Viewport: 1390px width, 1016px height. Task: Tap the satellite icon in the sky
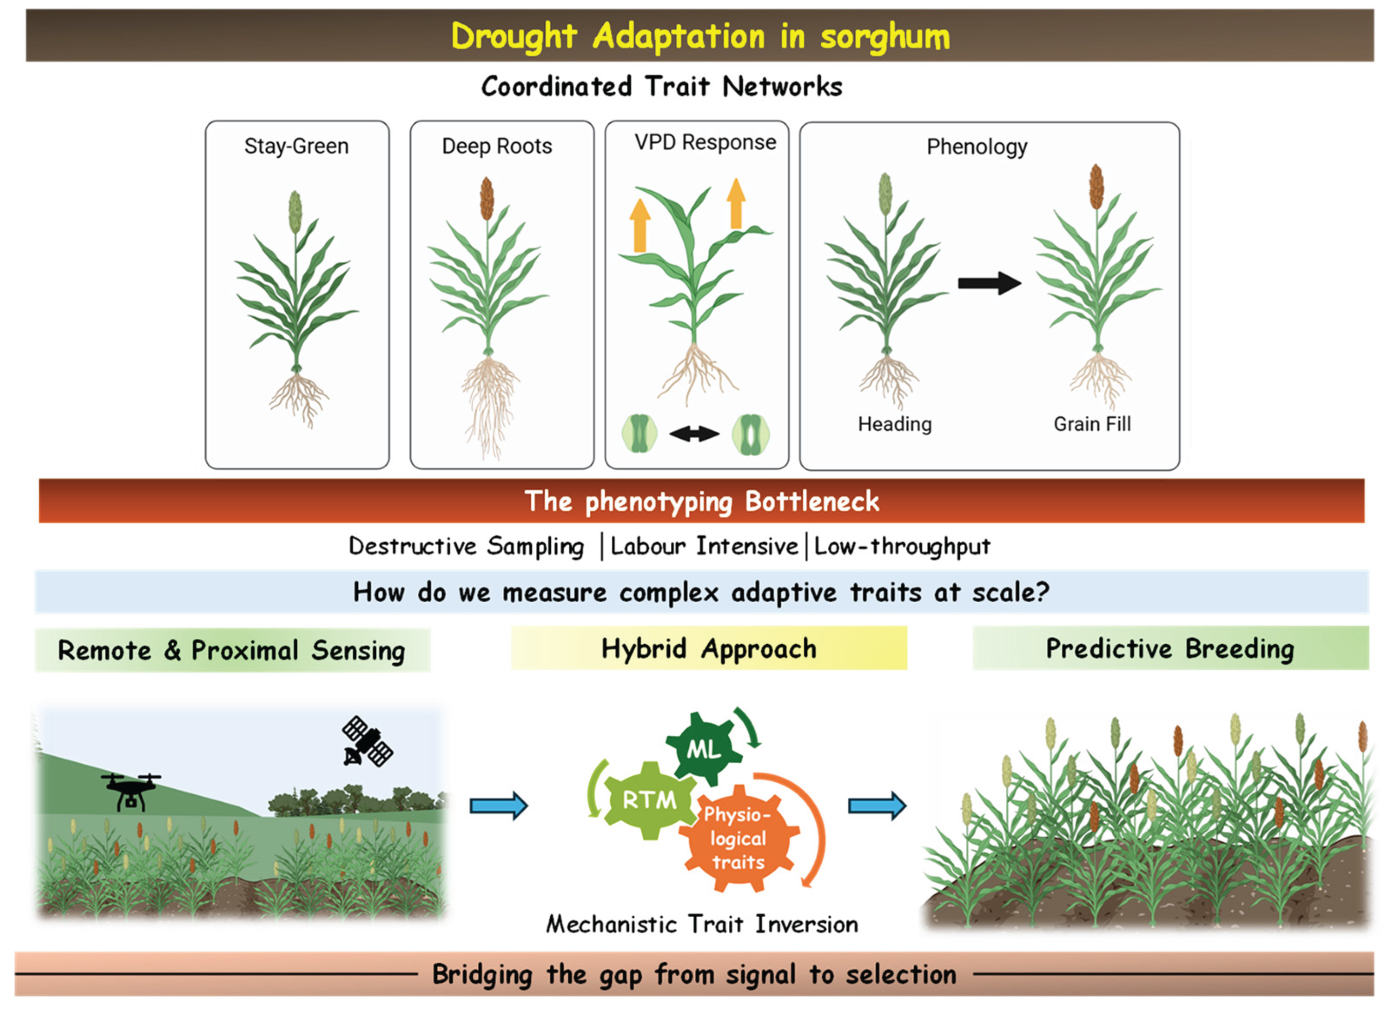tap(367, 741)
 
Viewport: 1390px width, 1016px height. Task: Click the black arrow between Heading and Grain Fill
tap(989, 284)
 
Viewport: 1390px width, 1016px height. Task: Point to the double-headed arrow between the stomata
tap(694, 434)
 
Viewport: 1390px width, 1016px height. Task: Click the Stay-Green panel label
tap(296, 146)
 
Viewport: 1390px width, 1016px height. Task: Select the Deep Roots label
tap(497, 146)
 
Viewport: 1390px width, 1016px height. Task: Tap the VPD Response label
tap(705, 143)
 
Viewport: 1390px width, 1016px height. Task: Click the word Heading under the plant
tap(895, 424)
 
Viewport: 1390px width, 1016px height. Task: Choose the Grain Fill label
tap(1092, 424)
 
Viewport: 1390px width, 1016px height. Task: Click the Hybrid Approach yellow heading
tap(709, 649)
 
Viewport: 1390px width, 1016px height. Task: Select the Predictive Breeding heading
tap(1171, 649)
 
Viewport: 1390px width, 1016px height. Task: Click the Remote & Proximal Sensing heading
tap(232, 651)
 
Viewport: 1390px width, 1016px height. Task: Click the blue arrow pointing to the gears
tap(499, 806)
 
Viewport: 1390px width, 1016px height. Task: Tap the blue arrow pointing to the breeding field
tap(877, 806)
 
